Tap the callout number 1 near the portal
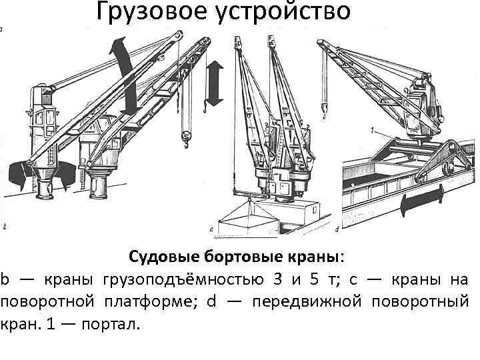pos(375,128)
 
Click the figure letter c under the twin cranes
pos(212,230)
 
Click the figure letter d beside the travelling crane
pos(337,229)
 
